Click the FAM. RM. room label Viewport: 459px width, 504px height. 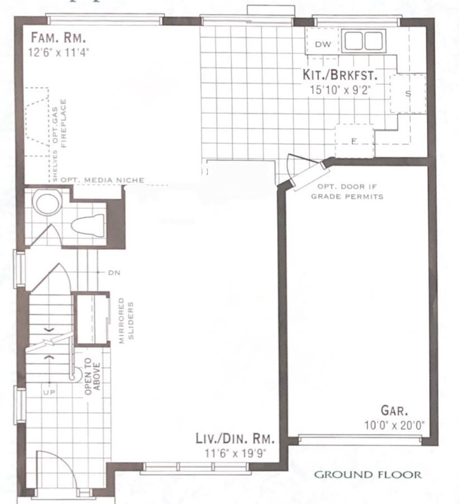(x=59, y=38)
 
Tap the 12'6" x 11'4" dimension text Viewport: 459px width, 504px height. (x=59, y=52)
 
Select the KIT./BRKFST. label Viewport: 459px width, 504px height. (x=340, y=75)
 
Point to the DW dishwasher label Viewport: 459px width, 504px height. (x=322, y=44)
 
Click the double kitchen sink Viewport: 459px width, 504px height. (x=363, y=41)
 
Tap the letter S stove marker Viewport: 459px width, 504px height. (x=408, y=94)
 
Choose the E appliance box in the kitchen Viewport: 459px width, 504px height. (x=354, y=141)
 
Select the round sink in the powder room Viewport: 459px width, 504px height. (x=48, y=203)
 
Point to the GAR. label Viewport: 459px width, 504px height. (x=394, y=410)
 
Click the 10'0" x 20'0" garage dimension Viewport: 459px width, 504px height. (x=394, y=425)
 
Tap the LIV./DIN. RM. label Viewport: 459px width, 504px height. (x=235, y=439)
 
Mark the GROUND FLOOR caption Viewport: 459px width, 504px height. (x=368, y=474)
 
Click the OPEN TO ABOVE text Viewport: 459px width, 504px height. (x=93, y=377)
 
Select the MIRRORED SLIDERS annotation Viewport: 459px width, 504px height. (x=126, y=321)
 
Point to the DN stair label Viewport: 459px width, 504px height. (x=114, y=273)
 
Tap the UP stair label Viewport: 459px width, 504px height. (x=49, y=392)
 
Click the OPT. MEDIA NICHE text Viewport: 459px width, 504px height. (x=102, y=180)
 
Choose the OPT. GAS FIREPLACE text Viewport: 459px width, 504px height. (x=60, y=123)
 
